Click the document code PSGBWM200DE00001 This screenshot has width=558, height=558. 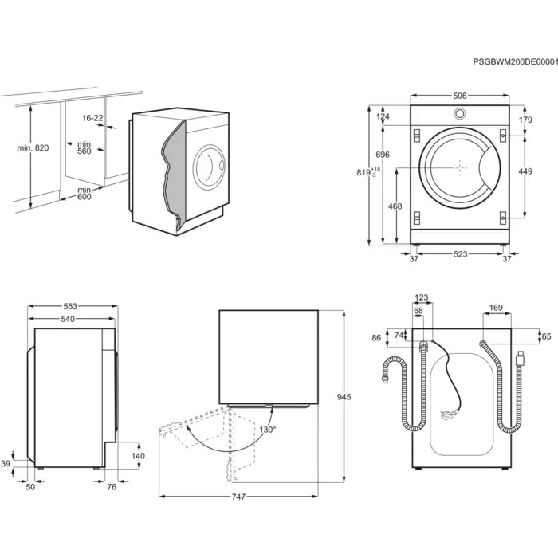point(515,61)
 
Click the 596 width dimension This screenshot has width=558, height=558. point(460,96)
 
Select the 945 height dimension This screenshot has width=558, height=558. point(344,397)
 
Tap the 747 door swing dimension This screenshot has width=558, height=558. point(238,497)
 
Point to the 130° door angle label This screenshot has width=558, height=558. point(266,430)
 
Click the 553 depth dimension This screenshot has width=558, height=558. point(70,307)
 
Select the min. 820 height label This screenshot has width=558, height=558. point(33,149)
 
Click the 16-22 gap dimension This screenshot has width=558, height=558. point(92,118)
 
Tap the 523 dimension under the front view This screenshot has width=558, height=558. point(461,255)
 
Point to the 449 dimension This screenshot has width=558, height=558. point(525,171)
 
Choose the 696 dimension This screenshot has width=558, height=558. point(383,155)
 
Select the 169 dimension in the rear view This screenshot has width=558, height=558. point(495,307)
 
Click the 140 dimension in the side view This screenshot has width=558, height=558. point(138,455)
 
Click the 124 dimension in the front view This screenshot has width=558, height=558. point(383,117)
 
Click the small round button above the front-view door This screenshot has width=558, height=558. point(460,115)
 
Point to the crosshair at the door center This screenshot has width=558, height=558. point(460,167)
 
